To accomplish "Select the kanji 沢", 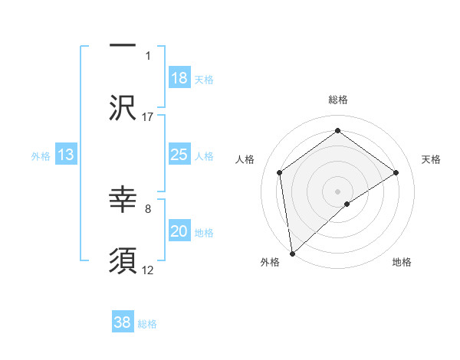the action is (123, 108).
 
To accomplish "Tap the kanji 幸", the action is (123, 201).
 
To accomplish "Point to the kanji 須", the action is (123, 261).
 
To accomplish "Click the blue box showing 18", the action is (179, 79).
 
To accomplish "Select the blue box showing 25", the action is (179, 155).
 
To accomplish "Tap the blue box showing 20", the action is (179, 232).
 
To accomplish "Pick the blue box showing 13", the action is (66, 155).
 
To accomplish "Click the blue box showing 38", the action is (123, 322).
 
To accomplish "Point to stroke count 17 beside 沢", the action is (148, 116).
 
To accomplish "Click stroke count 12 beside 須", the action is (148, 270).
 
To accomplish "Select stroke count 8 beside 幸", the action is (148, 208).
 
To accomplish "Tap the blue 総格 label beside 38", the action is (147, 324).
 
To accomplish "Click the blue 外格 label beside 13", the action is (41, 156).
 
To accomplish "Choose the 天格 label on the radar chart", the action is (431, 159).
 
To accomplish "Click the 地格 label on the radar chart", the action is (402, 262).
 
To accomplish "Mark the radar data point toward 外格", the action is (292, 253).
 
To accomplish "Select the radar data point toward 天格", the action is (396, 172).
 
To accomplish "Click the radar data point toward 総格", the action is (337, 130).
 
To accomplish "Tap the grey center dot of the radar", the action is (337, 191).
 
